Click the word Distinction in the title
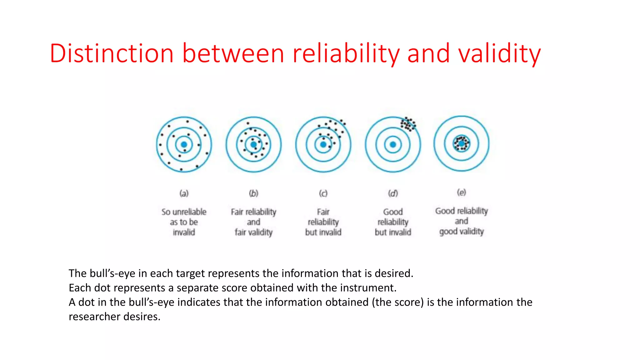(x=112, y=53)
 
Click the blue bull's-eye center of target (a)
(x=184, y=144)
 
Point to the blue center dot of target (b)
(x=254, y=144)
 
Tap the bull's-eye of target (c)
(x=323, y=144)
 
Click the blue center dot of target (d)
(x=393, y=144)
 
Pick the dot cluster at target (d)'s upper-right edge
(x=408, y=124)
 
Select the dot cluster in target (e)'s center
(x=462, y=143)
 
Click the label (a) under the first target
(x=184, y=193)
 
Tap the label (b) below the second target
(x=254, y=193)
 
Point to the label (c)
(x=323, y=193)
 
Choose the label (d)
(x=393, y=193)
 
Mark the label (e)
(x=462, y=192)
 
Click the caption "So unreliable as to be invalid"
(x=184, y=222)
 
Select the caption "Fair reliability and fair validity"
(x=254, y=222)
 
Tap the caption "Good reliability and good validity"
(x=462, y=221)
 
